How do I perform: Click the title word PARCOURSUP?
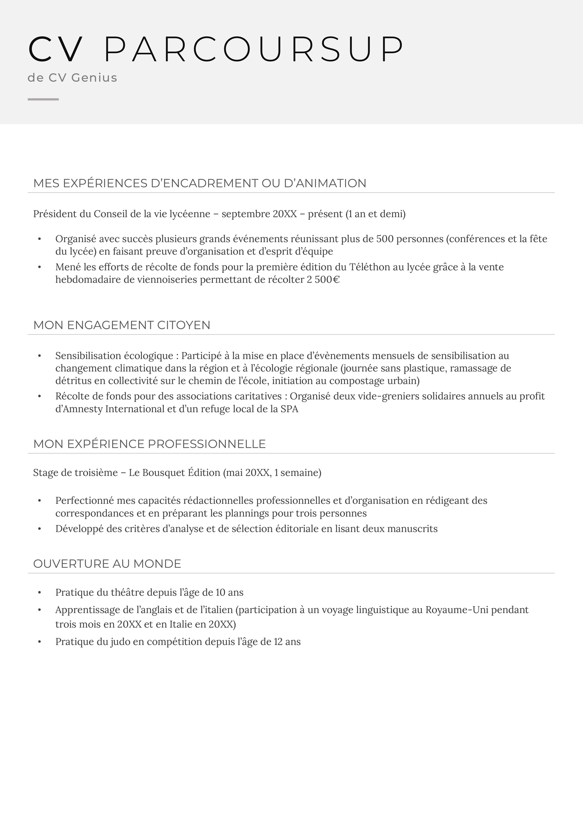click(254, 49)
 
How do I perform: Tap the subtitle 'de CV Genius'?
click(72, 78)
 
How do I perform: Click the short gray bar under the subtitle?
click(43, 99)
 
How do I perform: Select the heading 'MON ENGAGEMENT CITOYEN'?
click(122, 325)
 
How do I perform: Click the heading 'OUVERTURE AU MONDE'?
click(107, 564)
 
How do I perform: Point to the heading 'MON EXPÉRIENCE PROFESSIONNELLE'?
click(149, 444)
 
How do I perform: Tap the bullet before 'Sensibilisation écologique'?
click(39, 356)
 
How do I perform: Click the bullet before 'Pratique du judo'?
click(39, 642)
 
